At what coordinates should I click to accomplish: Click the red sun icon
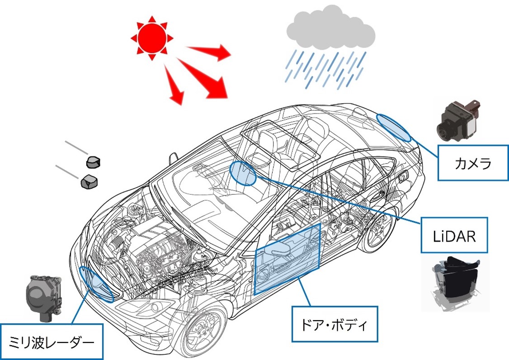[x=150, y=38]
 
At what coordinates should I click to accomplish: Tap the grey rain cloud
[x=330, y=29]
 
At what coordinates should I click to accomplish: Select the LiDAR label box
[x=454, y=235]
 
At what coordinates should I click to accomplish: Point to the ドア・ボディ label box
[x=334, y=324]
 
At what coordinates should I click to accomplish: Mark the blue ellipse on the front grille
[x=96, y=284]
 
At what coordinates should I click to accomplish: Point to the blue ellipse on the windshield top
[x=243, y=173]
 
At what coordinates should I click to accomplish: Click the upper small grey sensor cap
[x=93, y=161]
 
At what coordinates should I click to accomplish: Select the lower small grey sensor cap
[x=90, y=181]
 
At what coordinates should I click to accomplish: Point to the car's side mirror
[x=173, y=158]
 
